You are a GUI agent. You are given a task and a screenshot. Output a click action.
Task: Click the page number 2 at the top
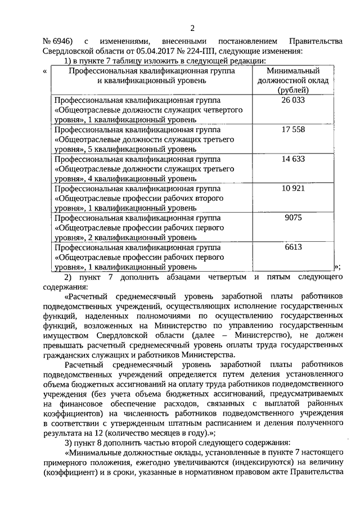pos(192,28)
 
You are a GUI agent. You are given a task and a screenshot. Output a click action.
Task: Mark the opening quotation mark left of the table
pos(44,71)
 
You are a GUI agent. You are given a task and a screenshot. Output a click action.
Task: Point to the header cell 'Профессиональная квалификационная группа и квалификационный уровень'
pos(150,76)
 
